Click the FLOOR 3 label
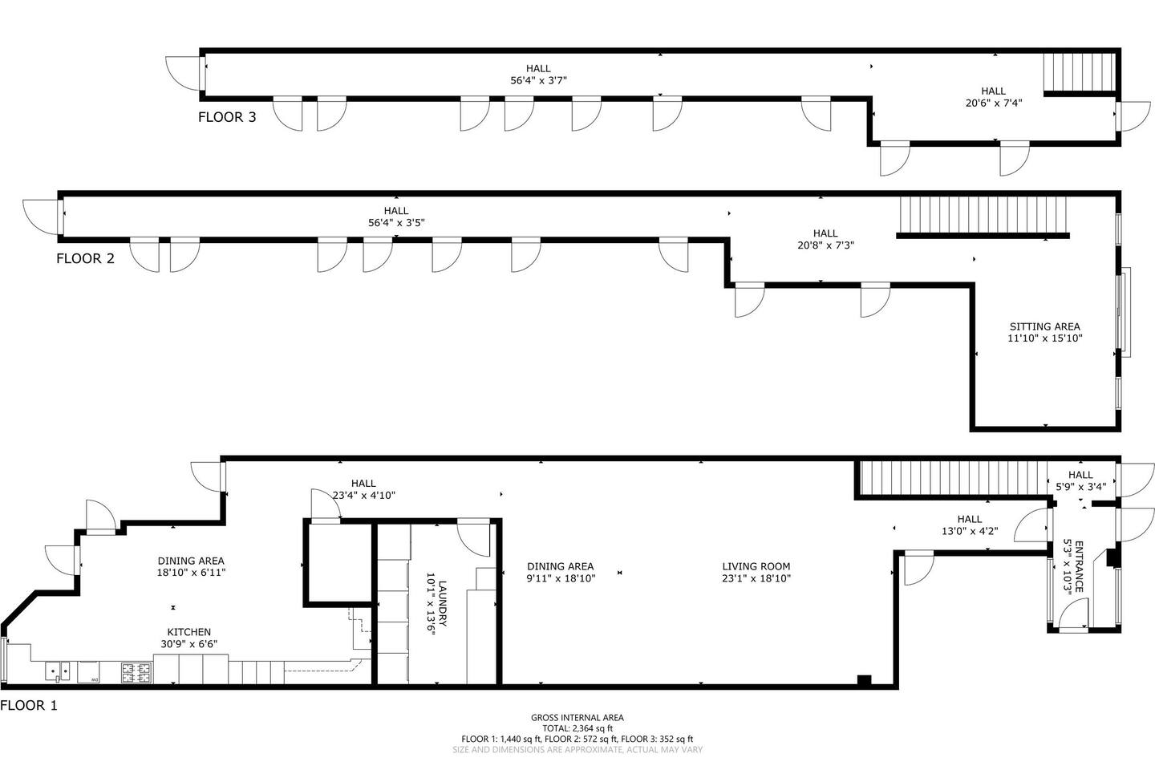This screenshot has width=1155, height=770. coord(227,117)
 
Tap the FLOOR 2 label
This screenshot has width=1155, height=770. coord(85,258)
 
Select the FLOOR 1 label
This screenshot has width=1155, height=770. coord(29,705)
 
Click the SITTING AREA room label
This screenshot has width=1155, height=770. coord(1044,326)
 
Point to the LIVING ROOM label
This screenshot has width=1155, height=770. coord(756,566)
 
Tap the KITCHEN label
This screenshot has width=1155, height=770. coord(188,632)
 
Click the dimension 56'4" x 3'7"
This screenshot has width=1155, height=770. coord(538,80)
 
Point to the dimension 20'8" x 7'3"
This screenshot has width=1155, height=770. coord(825,245)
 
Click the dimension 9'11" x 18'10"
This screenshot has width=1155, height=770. coord(561,578)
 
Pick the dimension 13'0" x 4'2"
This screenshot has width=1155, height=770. coord(970,531)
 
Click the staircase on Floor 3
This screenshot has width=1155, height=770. coord(1080,71)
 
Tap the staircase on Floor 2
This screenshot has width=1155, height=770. coord(983,214)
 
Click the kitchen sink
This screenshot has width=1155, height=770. coord(58,672)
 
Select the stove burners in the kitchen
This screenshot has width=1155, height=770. coord(136,673)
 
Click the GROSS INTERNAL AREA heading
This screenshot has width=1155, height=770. coord(577,717)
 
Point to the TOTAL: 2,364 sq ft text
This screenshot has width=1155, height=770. coord(577,728)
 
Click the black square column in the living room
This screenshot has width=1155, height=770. coord(864,681)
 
